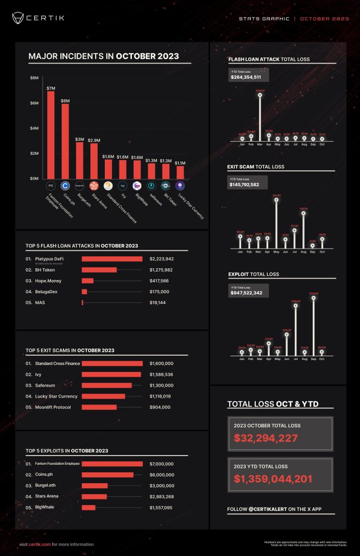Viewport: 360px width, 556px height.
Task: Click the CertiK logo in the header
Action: (x=38, y=18)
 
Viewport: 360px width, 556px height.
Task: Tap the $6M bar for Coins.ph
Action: (x=65, y=141)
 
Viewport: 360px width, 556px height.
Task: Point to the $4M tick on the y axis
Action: (x=35, y=128)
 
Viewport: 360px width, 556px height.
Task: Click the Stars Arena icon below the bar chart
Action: (x=93, y=185)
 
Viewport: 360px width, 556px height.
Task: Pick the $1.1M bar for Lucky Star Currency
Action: (x=180, y=172)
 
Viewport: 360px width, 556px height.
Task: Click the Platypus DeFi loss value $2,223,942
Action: (x=161, y=259)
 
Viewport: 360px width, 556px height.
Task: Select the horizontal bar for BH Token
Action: (x=99, y=270)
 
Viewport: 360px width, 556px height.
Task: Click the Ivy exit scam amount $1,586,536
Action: (x=161, y=374)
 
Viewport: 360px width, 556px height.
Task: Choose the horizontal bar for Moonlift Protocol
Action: (x=99, y=407)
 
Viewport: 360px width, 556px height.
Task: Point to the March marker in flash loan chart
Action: (x=260, y=95)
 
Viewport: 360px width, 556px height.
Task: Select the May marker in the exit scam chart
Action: (x=277, y=200)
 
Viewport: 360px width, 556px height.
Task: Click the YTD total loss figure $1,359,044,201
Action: (x=273, y=479)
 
